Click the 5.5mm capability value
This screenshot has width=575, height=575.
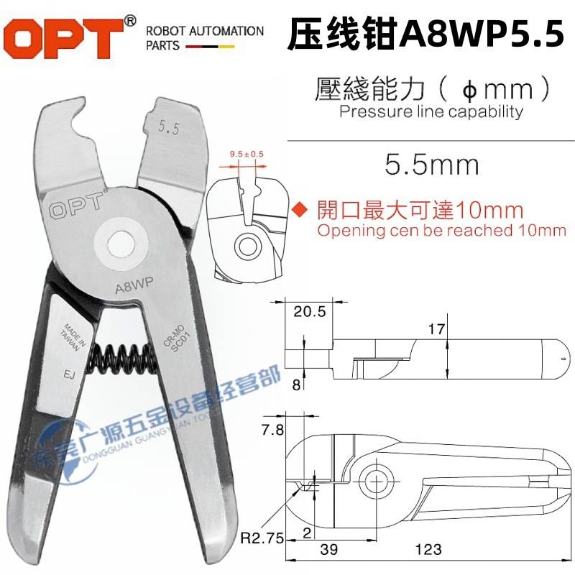(431, 165)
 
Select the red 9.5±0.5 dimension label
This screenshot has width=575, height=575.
(244, 154)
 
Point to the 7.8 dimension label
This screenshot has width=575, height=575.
(270, 431)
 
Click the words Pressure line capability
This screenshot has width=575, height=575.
(431, 111)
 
